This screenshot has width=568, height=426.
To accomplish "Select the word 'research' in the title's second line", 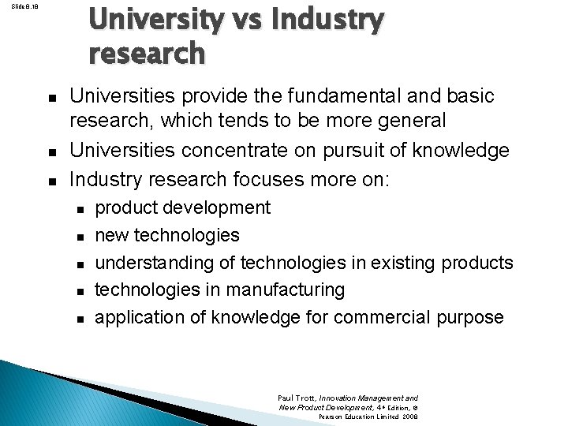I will click(x=147, y=53).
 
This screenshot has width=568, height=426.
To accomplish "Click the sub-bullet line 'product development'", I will click(x=182, y=208).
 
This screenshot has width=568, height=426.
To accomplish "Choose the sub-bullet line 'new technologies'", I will click(x=166, y=235).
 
